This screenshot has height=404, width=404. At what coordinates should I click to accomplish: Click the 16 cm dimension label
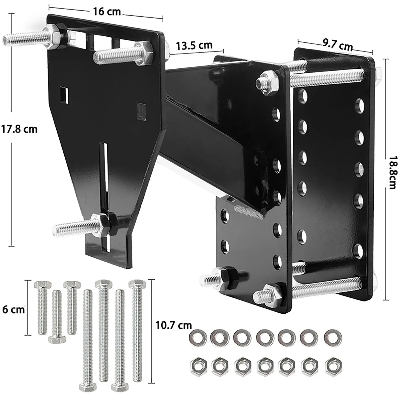tap(107, 12)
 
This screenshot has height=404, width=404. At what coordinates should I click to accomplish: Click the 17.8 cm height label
tap(19, 129)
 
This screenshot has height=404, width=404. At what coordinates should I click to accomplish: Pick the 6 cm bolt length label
tap(13, 310)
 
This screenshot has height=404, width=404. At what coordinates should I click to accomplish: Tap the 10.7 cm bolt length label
tap(173, 325)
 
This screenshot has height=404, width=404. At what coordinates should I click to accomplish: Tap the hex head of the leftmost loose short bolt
tap(42, 285)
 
